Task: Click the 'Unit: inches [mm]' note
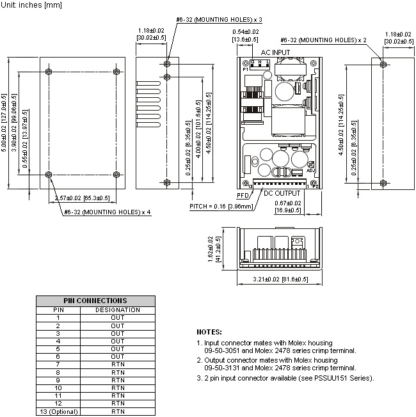(x=31, y=4)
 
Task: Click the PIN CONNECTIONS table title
(x=95, y=301)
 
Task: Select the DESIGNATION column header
(x=118, y=310)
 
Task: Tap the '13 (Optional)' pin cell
(x=58, y=412)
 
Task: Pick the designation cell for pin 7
(x=118, y=365)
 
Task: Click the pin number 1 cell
(x=58, y=318)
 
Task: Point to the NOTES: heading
(x=209, y=332)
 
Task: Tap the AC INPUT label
(x=275, y=52)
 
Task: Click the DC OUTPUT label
(x=282, y=193)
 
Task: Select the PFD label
(x=243, y=196)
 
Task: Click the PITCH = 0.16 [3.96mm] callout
(x=221, y=207)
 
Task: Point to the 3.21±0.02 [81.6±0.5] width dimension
(x=280, y=279)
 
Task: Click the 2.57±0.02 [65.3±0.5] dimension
(x=82, y=198)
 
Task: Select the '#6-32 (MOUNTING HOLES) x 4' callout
(x=108, y=212)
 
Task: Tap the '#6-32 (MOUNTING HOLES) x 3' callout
(x=219, y=20)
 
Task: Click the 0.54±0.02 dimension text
(x=245, y=32)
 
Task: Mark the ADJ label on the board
(x=310, y=171)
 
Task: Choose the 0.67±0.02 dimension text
(x=288, y=203)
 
